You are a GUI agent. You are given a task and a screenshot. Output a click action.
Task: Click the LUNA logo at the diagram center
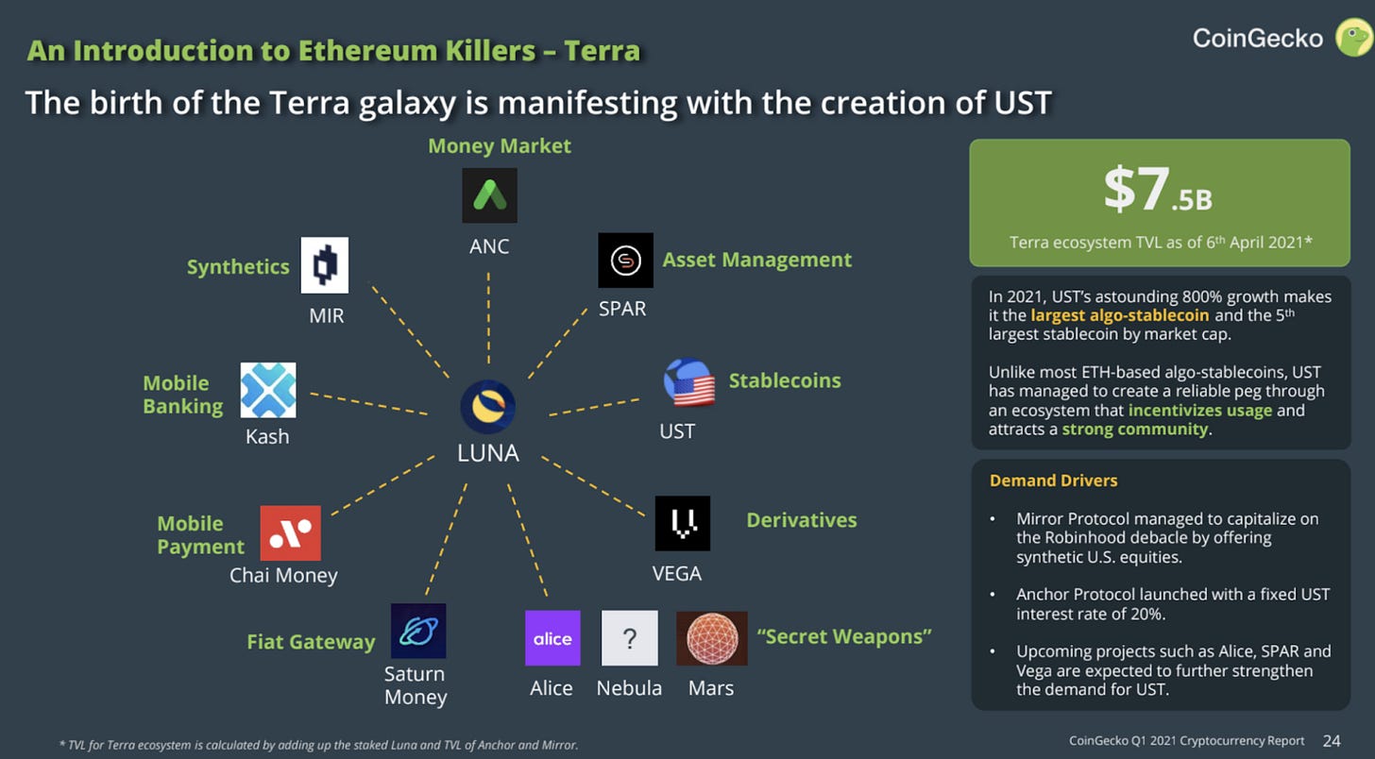tap(487, 408)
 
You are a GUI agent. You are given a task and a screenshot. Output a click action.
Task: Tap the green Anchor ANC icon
tap(489, 195)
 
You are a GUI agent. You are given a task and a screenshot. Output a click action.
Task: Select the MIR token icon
tap(325, 265)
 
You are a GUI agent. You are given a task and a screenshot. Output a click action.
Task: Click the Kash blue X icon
tap(268, 390)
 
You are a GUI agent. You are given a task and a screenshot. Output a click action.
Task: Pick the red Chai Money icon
tap(290, 533)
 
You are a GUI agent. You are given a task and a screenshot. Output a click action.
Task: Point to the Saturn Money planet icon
tap(417, 631)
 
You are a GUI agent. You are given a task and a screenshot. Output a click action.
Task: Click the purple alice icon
tap(552, 638)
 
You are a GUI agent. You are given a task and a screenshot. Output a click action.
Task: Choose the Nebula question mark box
tap(629, 638)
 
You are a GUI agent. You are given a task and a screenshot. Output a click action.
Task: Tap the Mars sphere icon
tap(711, 638)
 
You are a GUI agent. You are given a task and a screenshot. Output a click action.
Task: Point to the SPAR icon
tap(625, 261)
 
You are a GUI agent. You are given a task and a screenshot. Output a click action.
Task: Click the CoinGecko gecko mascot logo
tap(1352, 38)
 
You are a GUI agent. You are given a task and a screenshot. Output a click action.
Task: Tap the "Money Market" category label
tap(500, 146)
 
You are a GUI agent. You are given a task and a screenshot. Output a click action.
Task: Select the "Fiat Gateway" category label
tap(311, 642)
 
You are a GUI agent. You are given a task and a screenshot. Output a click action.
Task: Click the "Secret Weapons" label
tap(844, 636)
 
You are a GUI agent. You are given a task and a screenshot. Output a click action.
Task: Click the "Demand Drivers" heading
tap(1053, 481)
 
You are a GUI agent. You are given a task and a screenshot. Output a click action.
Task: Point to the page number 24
tap(1332, 741)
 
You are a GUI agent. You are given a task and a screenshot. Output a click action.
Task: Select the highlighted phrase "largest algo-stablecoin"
tap(1106, 315)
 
